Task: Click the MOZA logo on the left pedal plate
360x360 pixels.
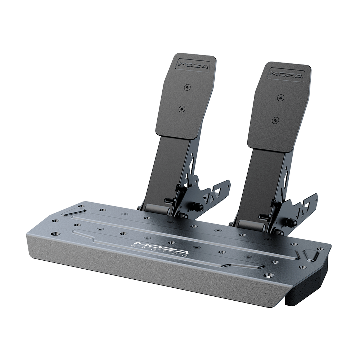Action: pos(193,64)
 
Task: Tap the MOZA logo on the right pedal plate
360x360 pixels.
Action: pos(286,74)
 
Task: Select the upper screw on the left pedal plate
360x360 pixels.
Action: pos(187,87)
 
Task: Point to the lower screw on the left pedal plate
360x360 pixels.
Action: pos(182,108)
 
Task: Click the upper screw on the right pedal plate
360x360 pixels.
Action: pos(281,98)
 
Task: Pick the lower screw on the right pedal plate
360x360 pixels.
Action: pos(275,120)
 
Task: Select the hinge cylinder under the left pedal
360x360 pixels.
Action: pos(158,210)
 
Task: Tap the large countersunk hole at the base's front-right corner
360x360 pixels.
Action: pos(269,276)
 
